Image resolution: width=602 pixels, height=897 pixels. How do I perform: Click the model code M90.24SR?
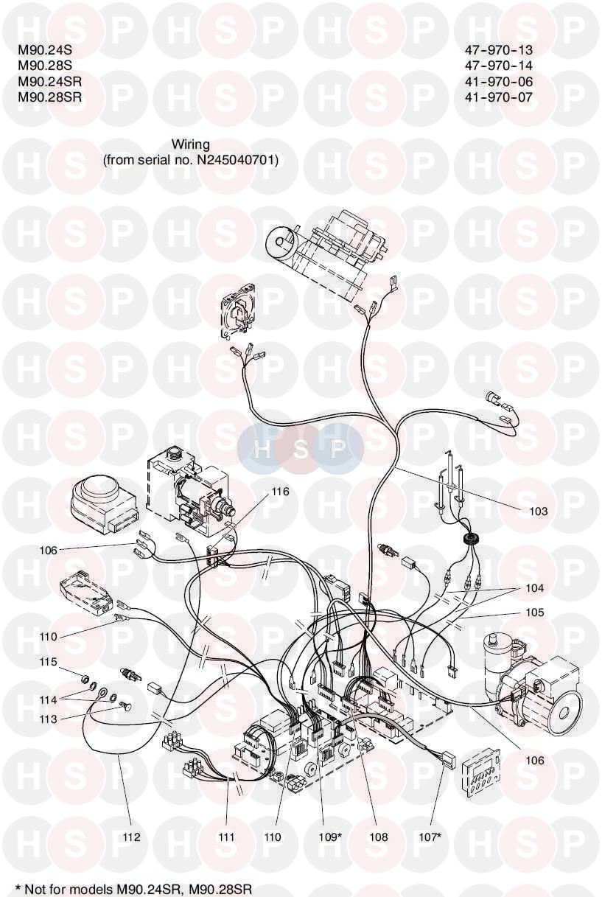49,81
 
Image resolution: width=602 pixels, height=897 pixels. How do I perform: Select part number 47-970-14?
498,66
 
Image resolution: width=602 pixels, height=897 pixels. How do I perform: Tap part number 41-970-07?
498,97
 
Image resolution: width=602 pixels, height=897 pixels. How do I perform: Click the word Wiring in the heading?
191,144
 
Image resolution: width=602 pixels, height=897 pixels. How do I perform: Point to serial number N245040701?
237,159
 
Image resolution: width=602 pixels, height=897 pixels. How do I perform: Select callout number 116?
279,491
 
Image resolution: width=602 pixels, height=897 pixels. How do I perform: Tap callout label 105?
535,612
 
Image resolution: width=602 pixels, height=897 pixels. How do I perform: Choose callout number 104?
535,588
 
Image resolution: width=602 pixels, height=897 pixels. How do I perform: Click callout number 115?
48,663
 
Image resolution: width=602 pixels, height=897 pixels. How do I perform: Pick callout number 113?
48,717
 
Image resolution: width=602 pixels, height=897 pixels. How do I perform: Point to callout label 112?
131,837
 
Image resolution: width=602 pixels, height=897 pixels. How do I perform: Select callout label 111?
226,837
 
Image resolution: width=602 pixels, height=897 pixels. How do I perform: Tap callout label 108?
378,837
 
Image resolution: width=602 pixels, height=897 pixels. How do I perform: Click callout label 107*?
430,837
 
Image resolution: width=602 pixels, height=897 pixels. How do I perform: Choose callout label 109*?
329,837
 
